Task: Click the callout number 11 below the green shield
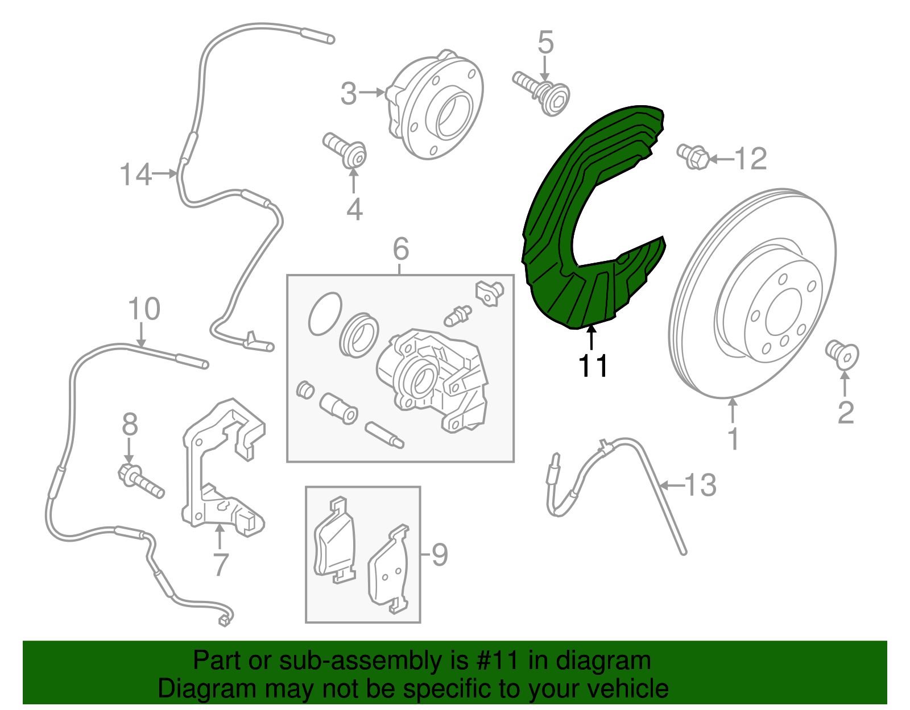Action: tap(593, 366)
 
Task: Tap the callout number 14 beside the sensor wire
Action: tap(135, 174)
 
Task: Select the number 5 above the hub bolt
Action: tap(545, 42)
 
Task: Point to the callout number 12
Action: tap(751, 159)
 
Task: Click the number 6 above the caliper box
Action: tap(401, 248)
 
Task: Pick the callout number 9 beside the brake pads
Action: tap(439, 555)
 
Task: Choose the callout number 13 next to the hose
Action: tap(701, 485)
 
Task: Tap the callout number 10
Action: tap(144, 309)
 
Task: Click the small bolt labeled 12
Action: tap(693, 157)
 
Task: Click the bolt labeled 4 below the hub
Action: tap(345, 150)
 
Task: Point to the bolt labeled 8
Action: tap(141, 481)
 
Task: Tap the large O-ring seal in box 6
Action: tap(325, 314)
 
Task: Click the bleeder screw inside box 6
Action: tap(457, 316)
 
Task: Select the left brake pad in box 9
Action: tap(334, 539)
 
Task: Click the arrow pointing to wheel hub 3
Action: tap(372, 93)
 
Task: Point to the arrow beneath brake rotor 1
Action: tap(733, 411)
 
